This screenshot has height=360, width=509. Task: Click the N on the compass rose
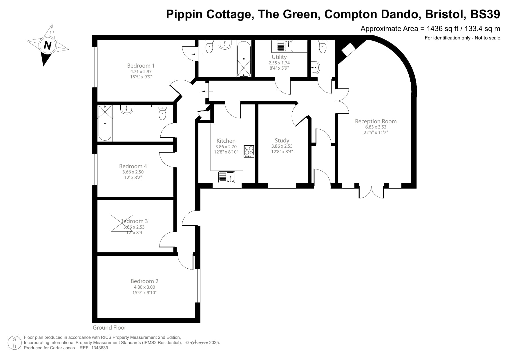pyautogui.click(x=47, y=46)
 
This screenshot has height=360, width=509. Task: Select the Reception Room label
pyautogui.click(x=376, y=122)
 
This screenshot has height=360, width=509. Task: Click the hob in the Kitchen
pyautogui.click(x=249, y=151)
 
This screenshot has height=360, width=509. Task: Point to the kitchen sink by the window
pyautogui.click(x=227, y=177)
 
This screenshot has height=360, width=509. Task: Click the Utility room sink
pyautogui.click(x=285, y=46)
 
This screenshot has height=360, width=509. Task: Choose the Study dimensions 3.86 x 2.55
pyautogui.click(x=282, y=146)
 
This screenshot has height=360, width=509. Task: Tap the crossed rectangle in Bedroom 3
pyautogui.click(x=122, y=223)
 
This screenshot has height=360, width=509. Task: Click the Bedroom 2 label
pyautogui.click(x=144, y=281)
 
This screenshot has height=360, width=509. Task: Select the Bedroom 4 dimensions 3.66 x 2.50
pyautogui.click(x=133, y=172)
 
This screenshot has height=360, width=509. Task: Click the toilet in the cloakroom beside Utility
pyautogui.click(x=323, y=47)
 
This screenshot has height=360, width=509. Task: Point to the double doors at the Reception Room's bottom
pyautogui.click(x=371, y=191)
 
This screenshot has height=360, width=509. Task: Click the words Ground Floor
pyautogui.click(x=109, y=328)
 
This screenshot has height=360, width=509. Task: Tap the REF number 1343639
pyautogui.click(x=100, y=348)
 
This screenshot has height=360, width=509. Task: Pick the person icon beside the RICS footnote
pyautogui.click(x=15, y=343)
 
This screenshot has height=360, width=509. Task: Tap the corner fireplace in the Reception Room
pyautogui.click(x=349, y=50)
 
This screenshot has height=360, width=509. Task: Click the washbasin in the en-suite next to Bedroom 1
pyautogui.click(x=225, y=45)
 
